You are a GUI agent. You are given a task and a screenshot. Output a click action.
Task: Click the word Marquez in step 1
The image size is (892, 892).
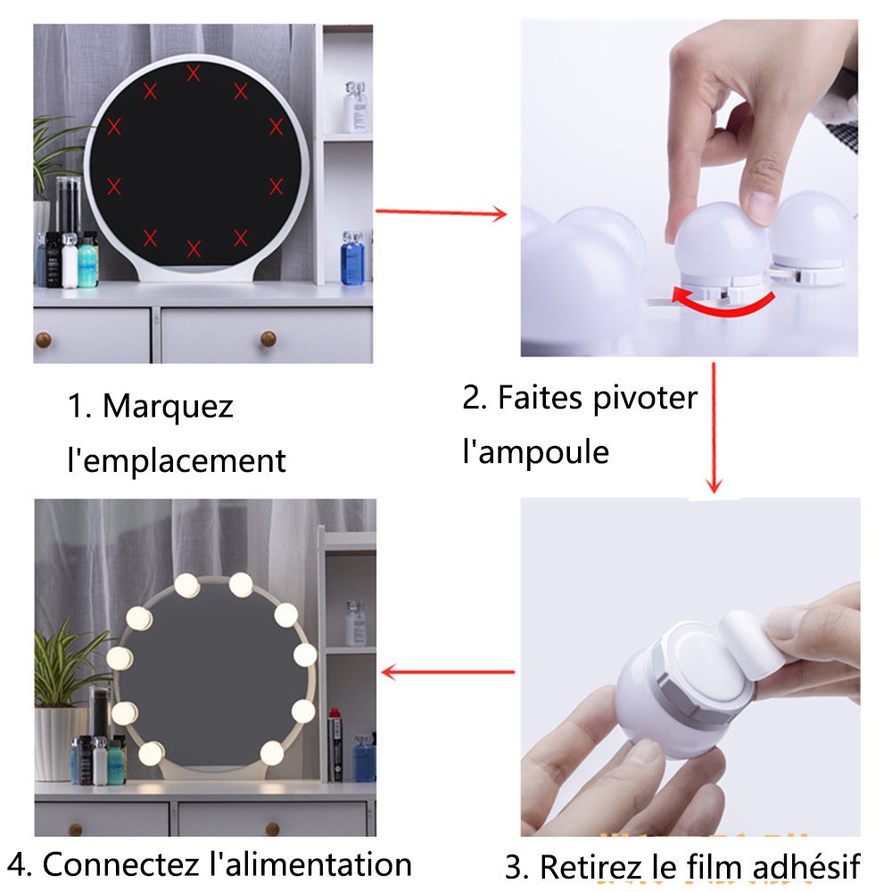point(168,407)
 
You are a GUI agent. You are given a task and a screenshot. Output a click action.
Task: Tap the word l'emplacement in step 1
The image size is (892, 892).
point(177,461)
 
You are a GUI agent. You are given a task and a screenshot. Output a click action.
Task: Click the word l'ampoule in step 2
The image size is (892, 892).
point(535,451)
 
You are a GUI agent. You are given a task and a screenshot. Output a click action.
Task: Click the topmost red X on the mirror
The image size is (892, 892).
point(194,74)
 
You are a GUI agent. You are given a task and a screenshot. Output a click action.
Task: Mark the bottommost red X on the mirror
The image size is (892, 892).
point(194,248)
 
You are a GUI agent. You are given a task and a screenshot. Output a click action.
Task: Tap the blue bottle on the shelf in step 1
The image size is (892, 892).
point(352,259)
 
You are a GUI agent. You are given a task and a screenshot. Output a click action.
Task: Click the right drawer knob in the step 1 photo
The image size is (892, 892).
point(268,338)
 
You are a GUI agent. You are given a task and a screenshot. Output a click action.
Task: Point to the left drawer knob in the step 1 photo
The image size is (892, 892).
point(68,339)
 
